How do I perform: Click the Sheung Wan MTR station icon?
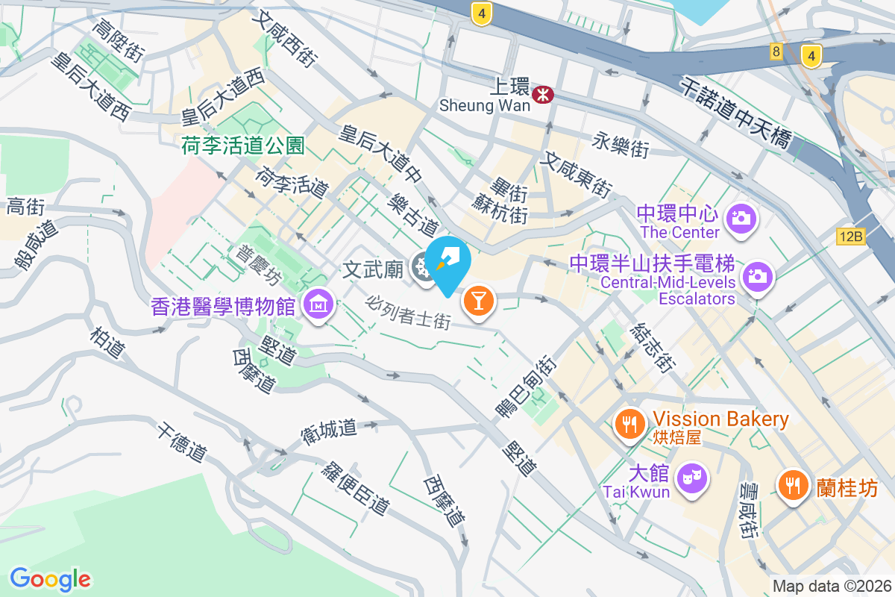542,93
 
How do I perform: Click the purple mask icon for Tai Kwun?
692,475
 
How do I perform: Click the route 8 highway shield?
776,51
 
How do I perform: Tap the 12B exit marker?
850,237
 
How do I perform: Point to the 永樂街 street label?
621,145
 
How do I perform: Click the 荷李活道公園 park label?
243,146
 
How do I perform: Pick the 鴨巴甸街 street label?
525,387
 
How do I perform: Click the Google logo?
51,578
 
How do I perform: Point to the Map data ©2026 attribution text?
832,586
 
